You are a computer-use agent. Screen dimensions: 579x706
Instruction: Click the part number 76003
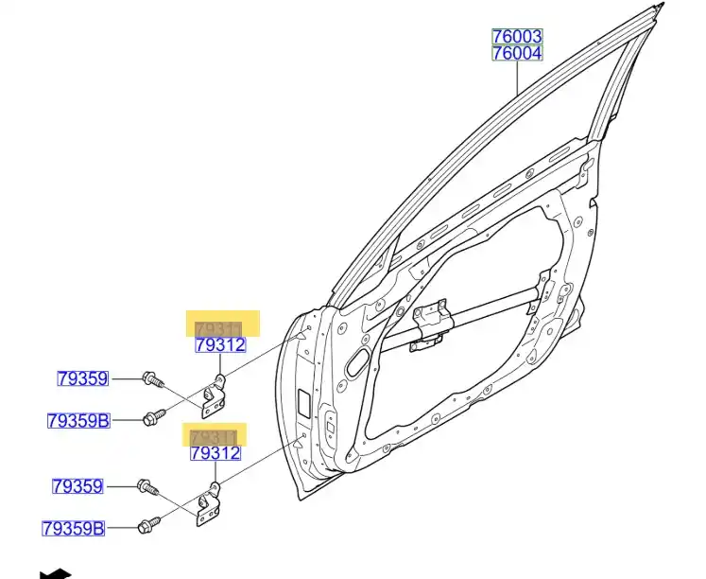pyautogui.click(x=516, y=36)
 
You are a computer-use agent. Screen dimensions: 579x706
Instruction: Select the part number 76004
pyautogui.click(x=516, y=53)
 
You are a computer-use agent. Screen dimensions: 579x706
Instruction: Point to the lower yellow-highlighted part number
pyautogui.click(x=214, y=437)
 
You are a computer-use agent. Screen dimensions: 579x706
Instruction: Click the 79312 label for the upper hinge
pyautogui.click(x=220, y=345)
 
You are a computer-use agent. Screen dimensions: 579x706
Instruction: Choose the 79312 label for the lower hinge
pyautogui.click(x=215, y=454)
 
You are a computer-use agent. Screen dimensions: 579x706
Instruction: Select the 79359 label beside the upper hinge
pyautogui.click(x=82, y=379)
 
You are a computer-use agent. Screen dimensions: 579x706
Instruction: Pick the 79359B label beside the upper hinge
pyautogui.click(x=78, y=420)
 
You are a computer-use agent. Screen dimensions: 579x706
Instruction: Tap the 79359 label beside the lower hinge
pyautogui.click(x=77, y=486)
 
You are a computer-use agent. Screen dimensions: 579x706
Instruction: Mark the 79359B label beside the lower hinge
pyautogui.click(x=73, y=528)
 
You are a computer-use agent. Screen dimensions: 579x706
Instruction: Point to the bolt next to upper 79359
pyautogui.click(x=152, y=380)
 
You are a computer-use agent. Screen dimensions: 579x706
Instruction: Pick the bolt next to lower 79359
pyautogui.click(x=146, y=487)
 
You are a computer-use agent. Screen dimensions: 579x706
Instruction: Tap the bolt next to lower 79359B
pyautogui.click(x=148, y=523)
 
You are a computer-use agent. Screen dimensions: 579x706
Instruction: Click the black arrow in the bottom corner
pyautogui.click(x=56, y=572)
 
